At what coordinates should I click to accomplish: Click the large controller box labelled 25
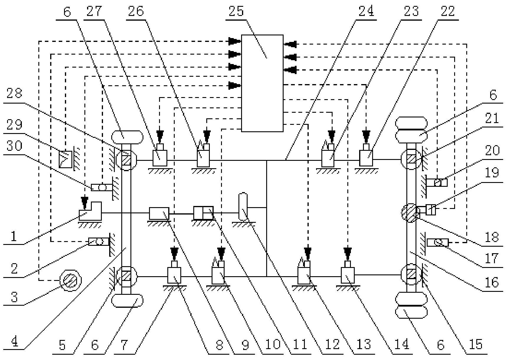262,83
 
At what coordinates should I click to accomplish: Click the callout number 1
13,237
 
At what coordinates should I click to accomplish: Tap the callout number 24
366,11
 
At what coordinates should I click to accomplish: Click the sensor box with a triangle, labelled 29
66,159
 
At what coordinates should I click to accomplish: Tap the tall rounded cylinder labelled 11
243,207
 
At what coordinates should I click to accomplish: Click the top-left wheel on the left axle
127,137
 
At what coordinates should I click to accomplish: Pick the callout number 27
94,11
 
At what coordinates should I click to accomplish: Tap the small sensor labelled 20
440,183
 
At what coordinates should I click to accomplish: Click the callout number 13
364,344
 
